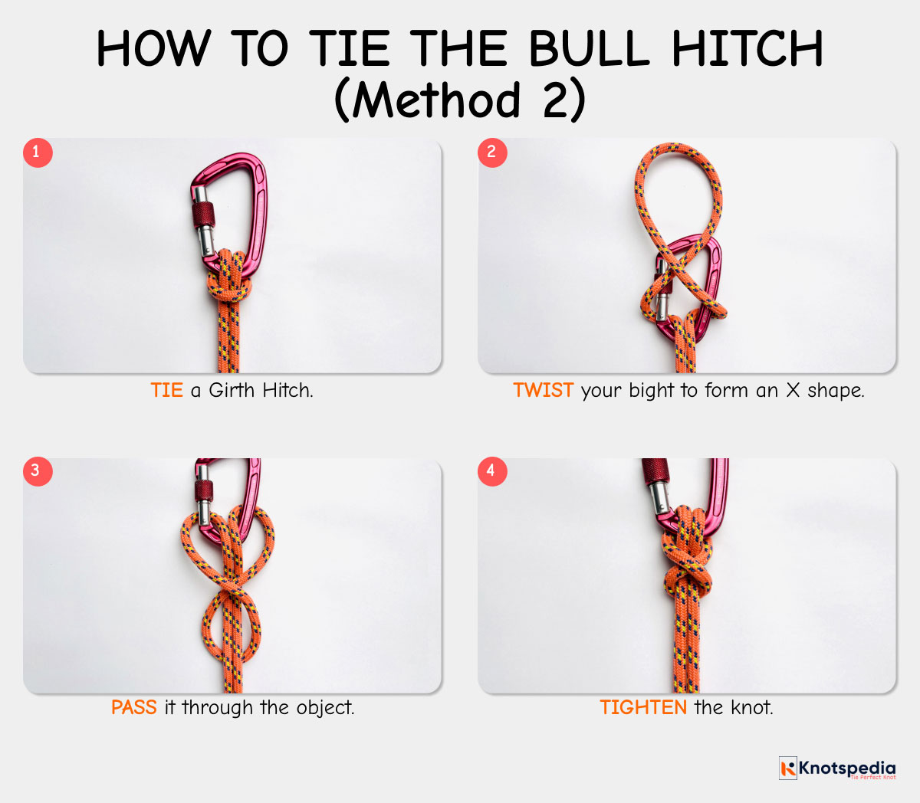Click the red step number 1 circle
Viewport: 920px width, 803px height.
coord(38,152)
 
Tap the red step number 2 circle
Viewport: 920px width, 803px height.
coord(492,152)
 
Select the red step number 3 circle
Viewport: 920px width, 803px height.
coord(38,471)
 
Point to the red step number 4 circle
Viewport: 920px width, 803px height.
coord(492,471)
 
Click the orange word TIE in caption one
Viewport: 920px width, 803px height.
coord(167,390)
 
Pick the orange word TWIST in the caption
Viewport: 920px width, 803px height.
coord(544,390)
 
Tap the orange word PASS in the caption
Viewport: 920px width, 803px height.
coord(134,707)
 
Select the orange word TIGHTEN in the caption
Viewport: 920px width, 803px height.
coord(643,707)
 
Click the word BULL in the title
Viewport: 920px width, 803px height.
coord(590,48)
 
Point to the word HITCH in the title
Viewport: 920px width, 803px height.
coord(747,48)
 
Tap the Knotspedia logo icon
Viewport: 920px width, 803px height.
coord(788,768)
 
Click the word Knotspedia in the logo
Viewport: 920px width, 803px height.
coord(847,767)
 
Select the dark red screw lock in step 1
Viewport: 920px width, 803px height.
coord(203,215)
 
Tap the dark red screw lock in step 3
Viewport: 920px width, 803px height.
coord(204,492)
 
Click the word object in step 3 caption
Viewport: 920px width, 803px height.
coord(325,708)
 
